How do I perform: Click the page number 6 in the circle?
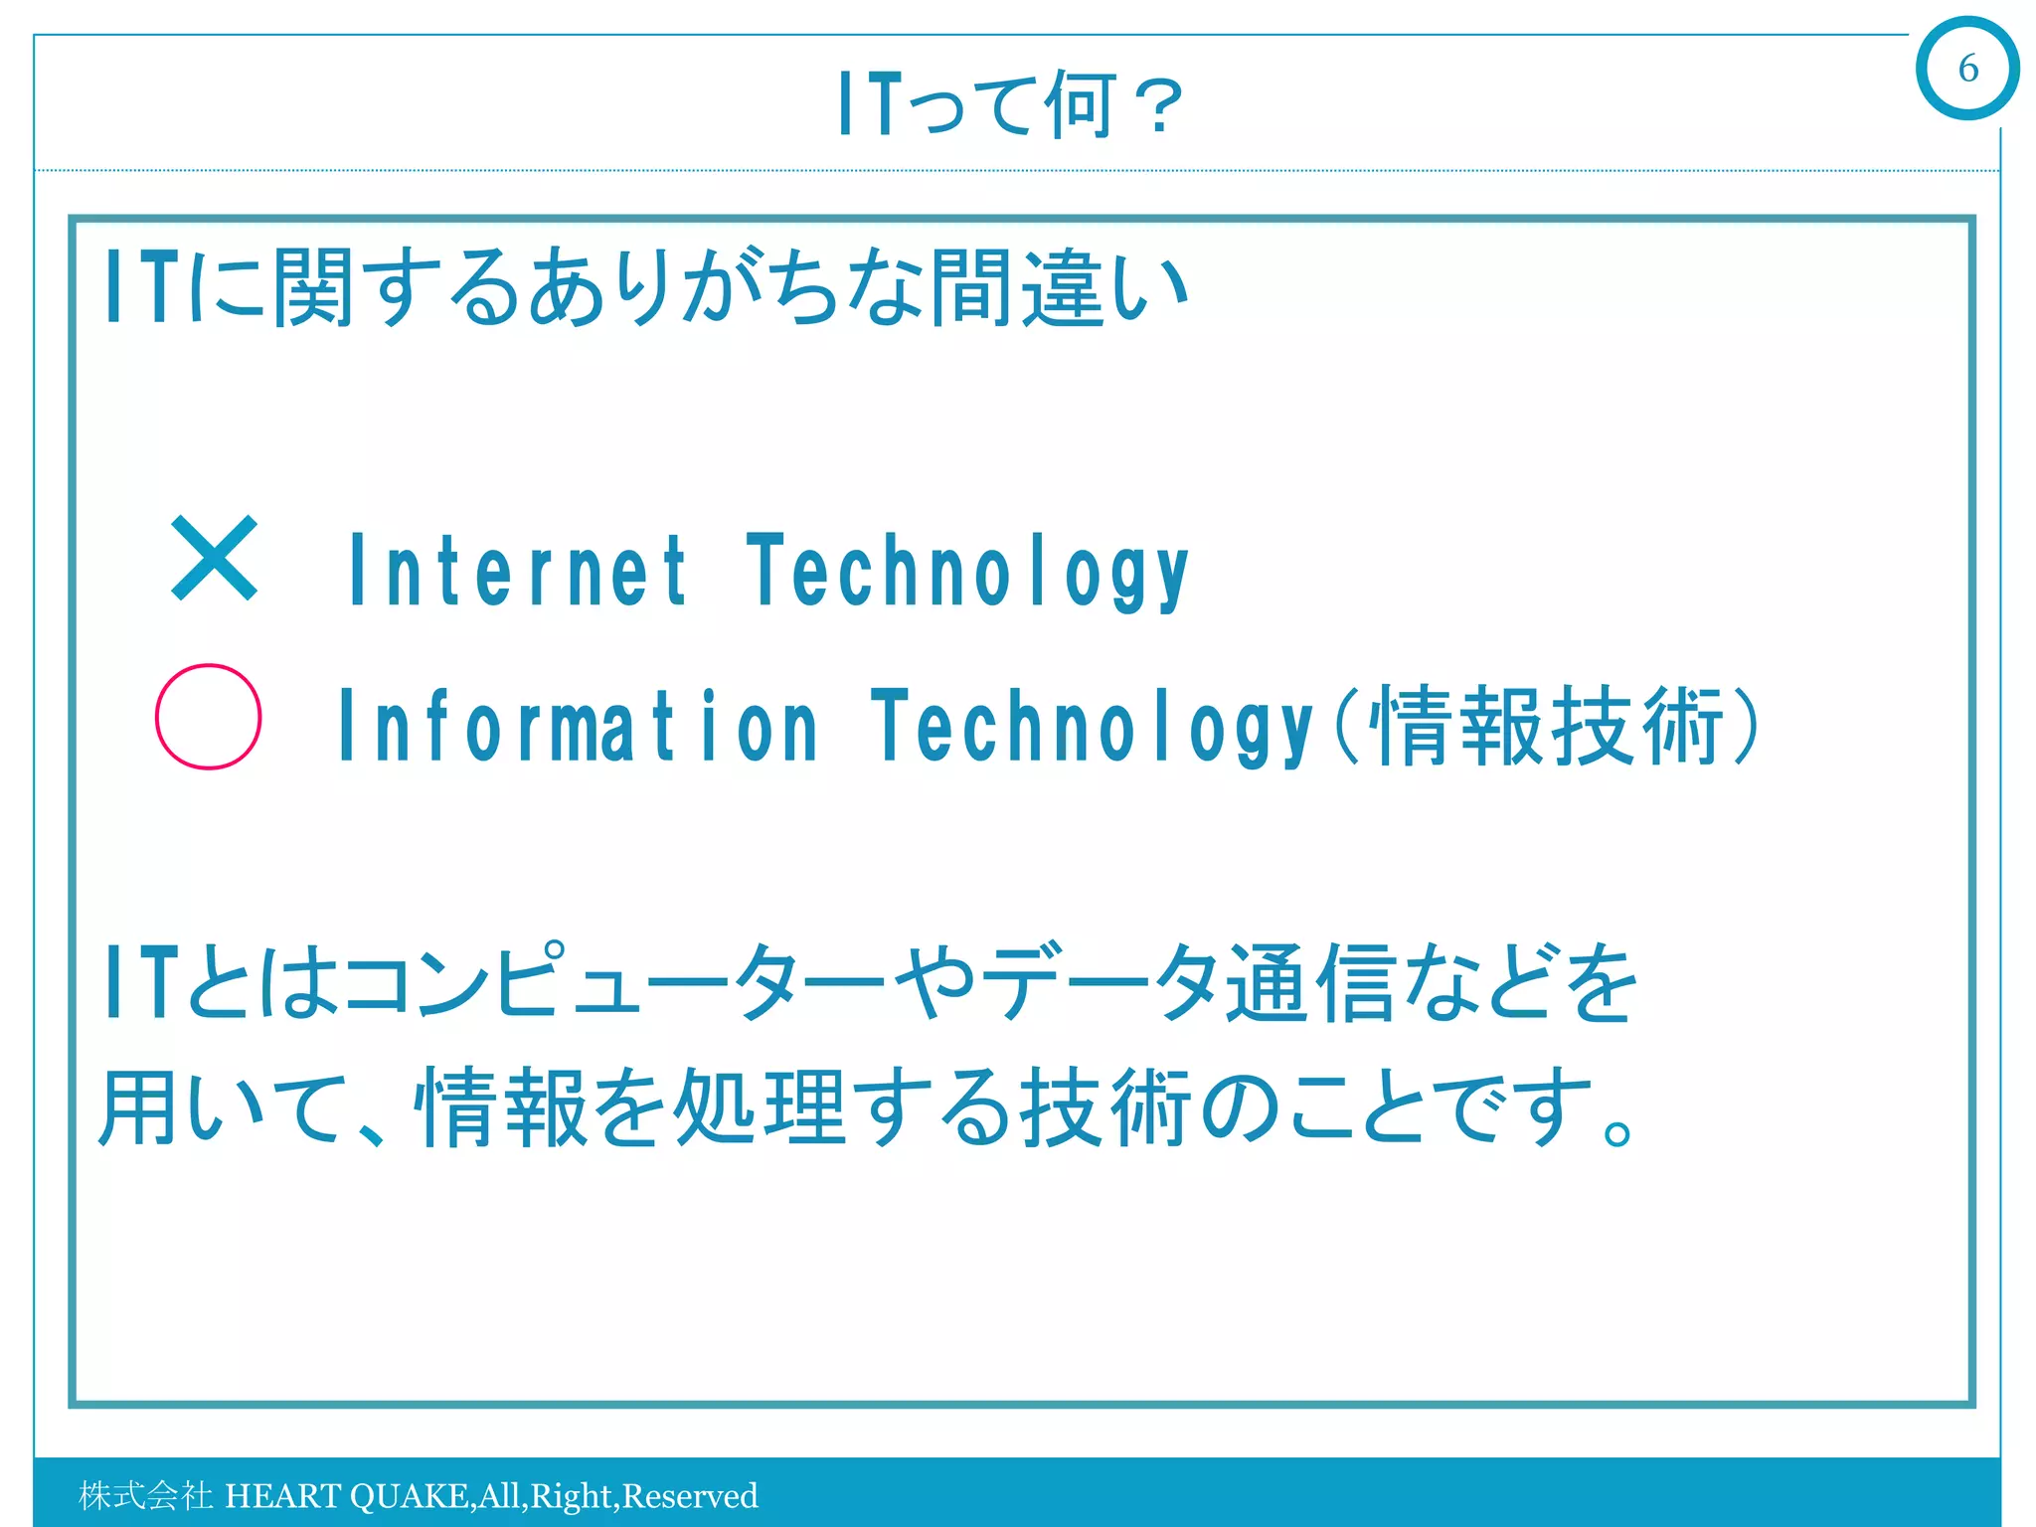pyautogui.click(x=1967, y=69)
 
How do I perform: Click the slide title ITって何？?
pyautogui.click(x=1010, y=104)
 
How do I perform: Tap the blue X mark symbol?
pyautogui.click(x=214, y=559)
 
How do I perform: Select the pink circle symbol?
pyautogui.click(x=209, y=717)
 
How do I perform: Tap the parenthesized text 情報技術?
pyautogui.click(x=1547, y=727)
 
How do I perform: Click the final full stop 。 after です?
pyautogui.click(x=1617, y=1132)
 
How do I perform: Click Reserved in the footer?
pyautogui.click(x=690, y=1495)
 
